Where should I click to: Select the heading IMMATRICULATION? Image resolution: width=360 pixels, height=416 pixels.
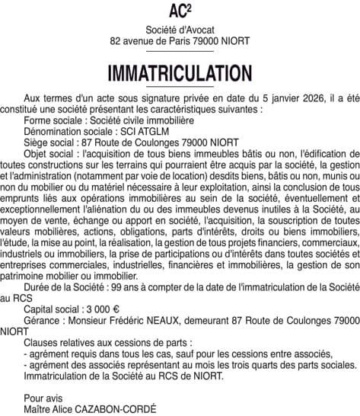(x=180, y=74)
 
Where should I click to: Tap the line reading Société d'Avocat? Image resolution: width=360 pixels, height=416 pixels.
(x=180, y=28)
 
